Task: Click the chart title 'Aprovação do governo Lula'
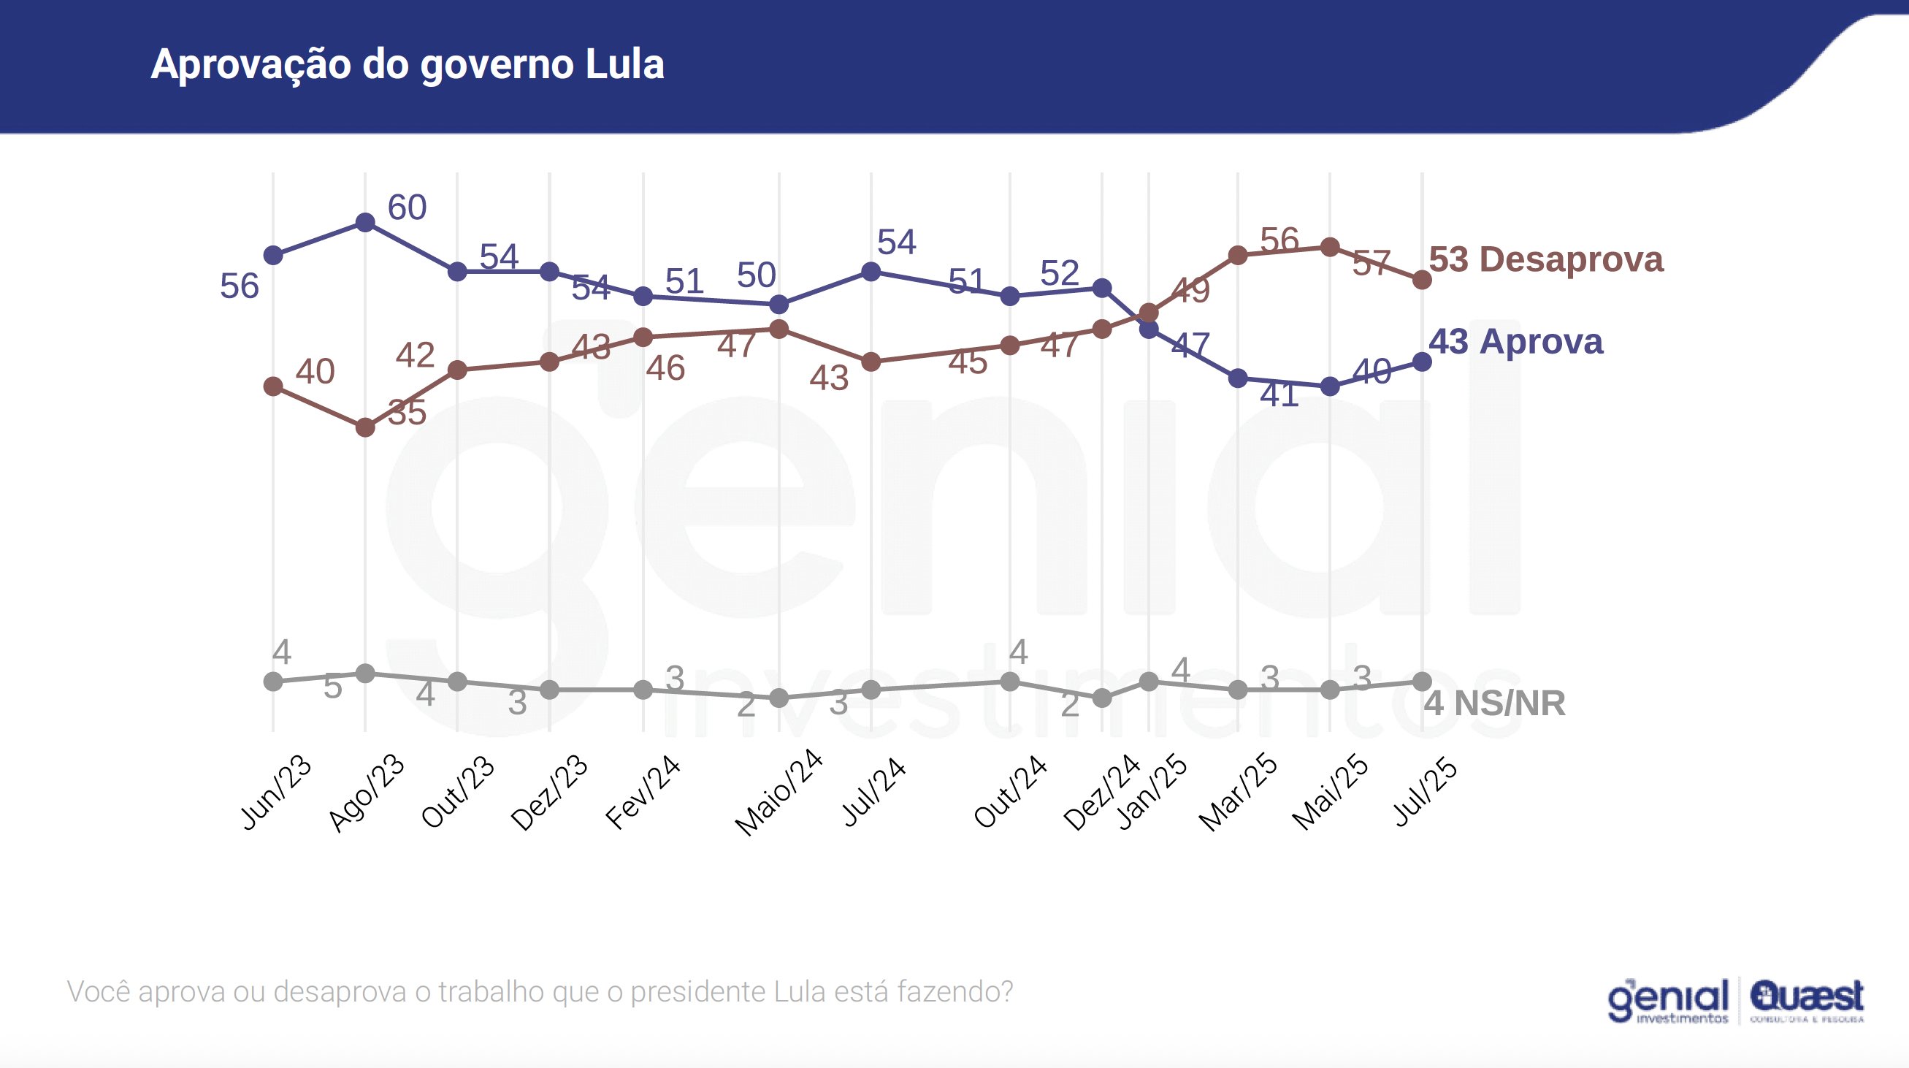[407, 64]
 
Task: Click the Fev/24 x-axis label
[643, 792]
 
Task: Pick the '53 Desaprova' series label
[1546, 259]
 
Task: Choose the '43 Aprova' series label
[1515, 342]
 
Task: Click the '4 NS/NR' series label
[1494, 703]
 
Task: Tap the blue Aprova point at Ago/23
[365, 222]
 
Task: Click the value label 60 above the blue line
[407, 207]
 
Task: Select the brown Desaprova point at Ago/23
[365, 427]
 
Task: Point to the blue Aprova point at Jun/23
[273, 256]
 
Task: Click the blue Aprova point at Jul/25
[1422, 362]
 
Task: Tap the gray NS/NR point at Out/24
[1010, 682]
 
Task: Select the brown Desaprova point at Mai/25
[1330, 247]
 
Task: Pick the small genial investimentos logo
[1668, 1002]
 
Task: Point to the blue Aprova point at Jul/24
[871, 272]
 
